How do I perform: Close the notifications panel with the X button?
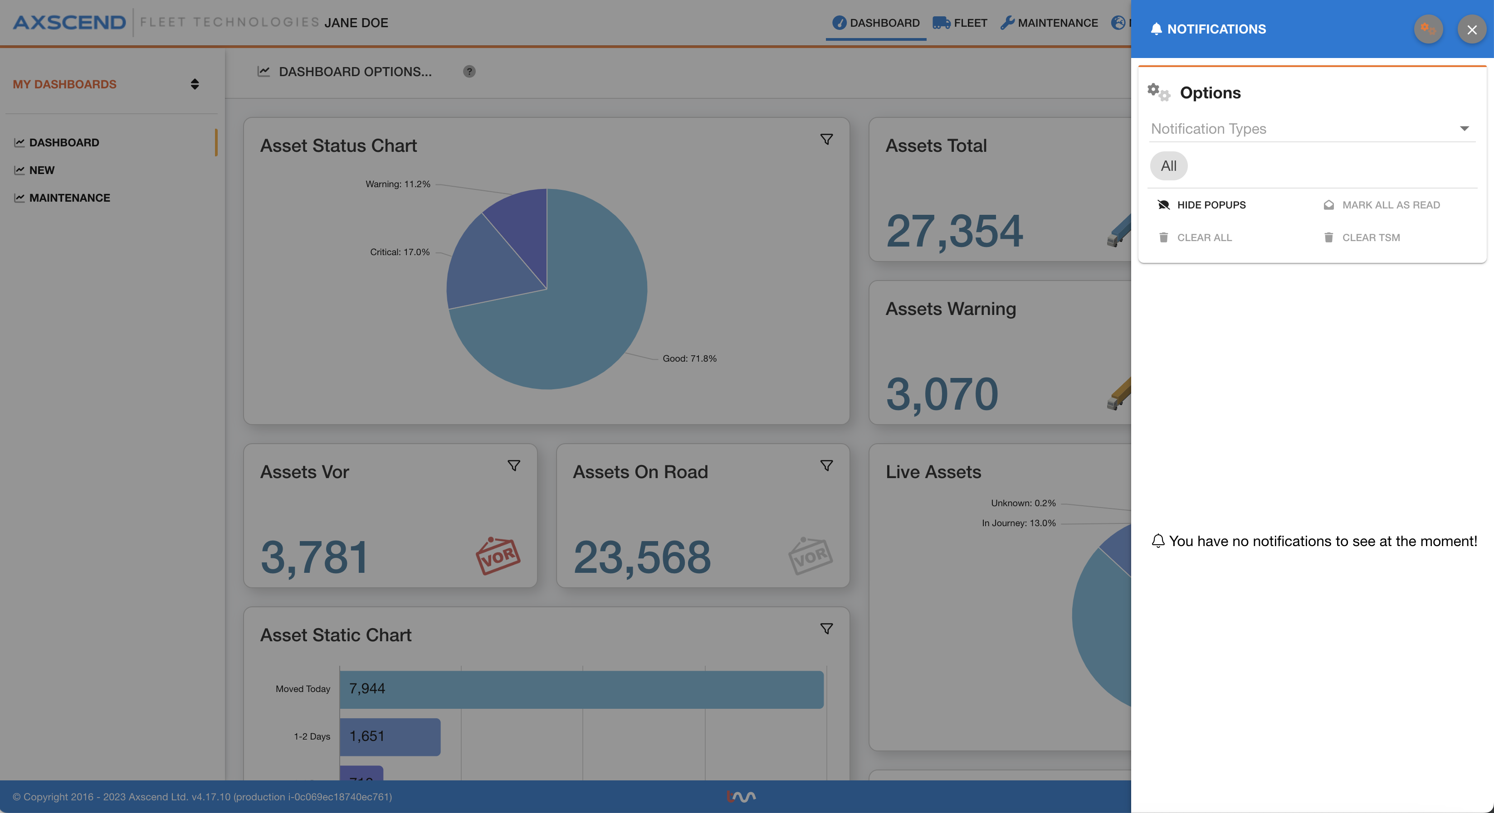[1471, 29]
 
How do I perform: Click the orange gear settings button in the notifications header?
[1428, 29]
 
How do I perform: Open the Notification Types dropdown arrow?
[1464, 129]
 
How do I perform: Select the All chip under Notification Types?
[1168, 166]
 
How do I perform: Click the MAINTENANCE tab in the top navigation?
[1049, 23]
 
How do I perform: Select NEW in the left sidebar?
[42, 170]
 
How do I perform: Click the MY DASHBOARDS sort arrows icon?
[195, 85]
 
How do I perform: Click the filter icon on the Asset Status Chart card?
[826, 139]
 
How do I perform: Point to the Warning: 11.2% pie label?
[398, 184]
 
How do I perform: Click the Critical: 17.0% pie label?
[400, 252]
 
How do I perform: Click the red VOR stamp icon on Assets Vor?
[498, 556]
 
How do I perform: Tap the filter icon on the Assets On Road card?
[826, 465]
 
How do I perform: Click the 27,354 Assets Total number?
[954, 231]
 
